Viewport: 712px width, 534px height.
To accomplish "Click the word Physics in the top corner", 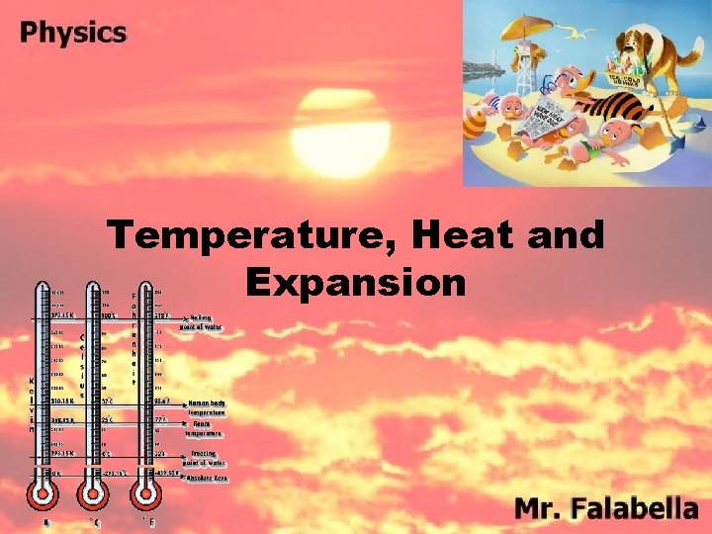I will (x=73, y=32).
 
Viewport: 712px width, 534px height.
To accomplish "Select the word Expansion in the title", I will (x=356, y=283).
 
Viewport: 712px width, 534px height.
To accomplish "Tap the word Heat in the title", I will (x=478, y=237).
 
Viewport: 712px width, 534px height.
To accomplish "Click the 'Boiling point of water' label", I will (x=202, y=320).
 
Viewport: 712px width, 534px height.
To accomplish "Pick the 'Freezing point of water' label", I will (x=203, y=457).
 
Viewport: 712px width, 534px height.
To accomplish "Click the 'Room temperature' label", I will (x=203, y=428).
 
